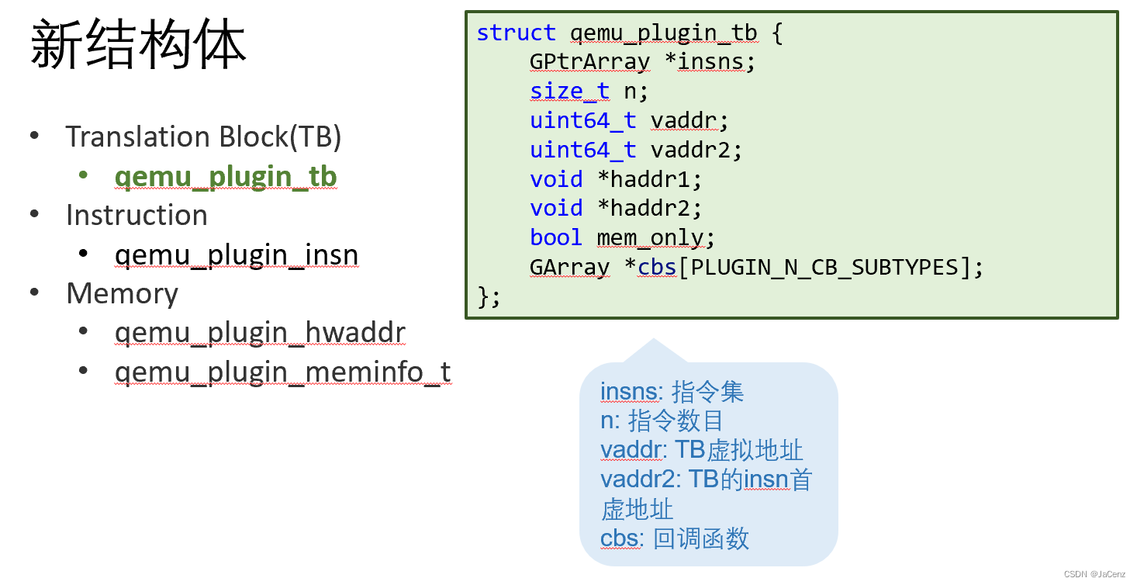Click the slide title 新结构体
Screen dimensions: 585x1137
click(138, 45)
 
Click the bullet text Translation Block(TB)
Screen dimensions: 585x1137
click(203, 137)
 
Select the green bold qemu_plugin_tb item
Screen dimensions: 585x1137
click(226, 177)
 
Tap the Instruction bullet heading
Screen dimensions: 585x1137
click(137, 215)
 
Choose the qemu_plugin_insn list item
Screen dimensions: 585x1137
click(237, 254)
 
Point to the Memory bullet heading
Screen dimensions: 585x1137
click(123, 293)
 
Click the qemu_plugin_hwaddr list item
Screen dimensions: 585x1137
click(260, 333)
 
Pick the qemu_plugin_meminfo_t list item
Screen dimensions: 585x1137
click(282, 372)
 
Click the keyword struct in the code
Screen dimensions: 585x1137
click(516, 33)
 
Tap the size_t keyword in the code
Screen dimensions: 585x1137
click(570, 92)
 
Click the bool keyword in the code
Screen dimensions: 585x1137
click(556, 237)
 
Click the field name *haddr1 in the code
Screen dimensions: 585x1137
click(649, 179)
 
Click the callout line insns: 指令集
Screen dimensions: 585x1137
click(672, 392)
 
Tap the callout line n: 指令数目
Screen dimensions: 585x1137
click(662, 421)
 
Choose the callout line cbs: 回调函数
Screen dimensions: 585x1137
click(675, 538)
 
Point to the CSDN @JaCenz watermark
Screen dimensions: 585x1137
click(1095, 574)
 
